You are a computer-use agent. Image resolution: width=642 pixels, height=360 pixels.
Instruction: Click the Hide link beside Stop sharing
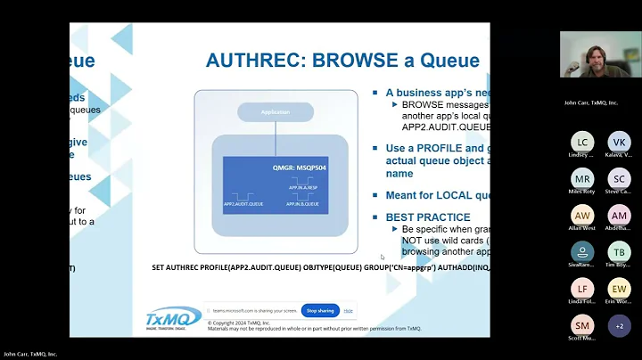pos(349,310)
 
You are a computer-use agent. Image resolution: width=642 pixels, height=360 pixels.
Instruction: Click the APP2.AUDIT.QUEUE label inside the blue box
pos(243,203)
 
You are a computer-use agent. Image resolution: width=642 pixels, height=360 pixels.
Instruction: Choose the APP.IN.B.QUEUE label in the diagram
pos(303,204)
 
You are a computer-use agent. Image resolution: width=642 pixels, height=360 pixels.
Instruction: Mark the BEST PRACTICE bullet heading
pos(427,217)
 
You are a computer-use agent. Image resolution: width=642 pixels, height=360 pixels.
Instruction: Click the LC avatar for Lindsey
pos(581,142)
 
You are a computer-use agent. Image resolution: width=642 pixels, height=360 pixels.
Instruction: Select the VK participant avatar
pos(619,142)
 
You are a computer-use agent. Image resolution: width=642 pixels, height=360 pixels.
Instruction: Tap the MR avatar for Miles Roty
pos(581,178)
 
